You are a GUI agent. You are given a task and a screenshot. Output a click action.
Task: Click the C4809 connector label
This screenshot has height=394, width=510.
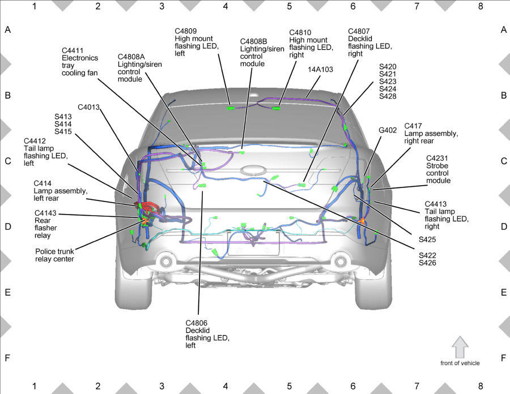(186, 31)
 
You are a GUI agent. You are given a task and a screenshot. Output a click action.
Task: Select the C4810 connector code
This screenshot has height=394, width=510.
(300, 32)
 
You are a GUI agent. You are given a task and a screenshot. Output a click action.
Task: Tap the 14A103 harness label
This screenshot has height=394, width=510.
(320, 69)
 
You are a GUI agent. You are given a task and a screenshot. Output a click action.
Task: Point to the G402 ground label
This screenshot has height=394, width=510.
(388, 130)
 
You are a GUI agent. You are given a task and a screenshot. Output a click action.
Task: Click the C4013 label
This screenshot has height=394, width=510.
(88, 107)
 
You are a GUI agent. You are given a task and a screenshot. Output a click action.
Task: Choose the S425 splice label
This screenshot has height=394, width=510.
(427, 239)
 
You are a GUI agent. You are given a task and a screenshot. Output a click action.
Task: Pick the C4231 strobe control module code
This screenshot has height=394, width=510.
(437, 158)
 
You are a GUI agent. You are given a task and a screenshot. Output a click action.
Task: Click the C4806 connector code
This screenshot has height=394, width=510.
(197, 323)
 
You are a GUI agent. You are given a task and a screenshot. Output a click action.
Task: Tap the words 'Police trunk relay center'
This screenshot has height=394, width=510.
(54, 255)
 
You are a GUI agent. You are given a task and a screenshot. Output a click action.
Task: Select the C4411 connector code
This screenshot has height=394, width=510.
(73, 51)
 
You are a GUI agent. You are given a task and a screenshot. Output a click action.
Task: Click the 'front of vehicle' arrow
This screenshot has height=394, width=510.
(460, 347)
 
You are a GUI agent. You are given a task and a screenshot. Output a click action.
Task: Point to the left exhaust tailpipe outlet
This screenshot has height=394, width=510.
(165, 261)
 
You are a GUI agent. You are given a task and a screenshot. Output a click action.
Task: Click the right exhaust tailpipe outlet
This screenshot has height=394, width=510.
(341, 261)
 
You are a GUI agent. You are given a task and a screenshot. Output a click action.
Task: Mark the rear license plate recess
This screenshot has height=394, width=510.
(253, 243)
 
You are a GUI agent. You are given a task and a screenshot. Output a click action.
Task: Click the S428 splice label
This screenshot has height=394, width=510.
(388, 96)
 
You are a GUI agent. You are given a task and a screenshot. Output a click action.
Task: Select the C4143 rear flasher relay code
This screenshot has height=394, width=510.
(45, 213)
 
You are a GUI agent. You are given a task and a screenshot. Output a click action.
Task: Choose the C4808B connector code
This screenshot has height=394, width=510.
(254, 41)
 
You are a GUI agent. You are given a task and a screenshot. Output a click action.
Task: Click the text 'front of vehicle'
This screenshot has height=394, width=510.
(460, 363)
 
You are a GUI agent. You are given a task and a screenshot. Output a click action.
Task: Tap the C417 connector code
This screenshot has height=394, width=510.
(413, 126)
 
